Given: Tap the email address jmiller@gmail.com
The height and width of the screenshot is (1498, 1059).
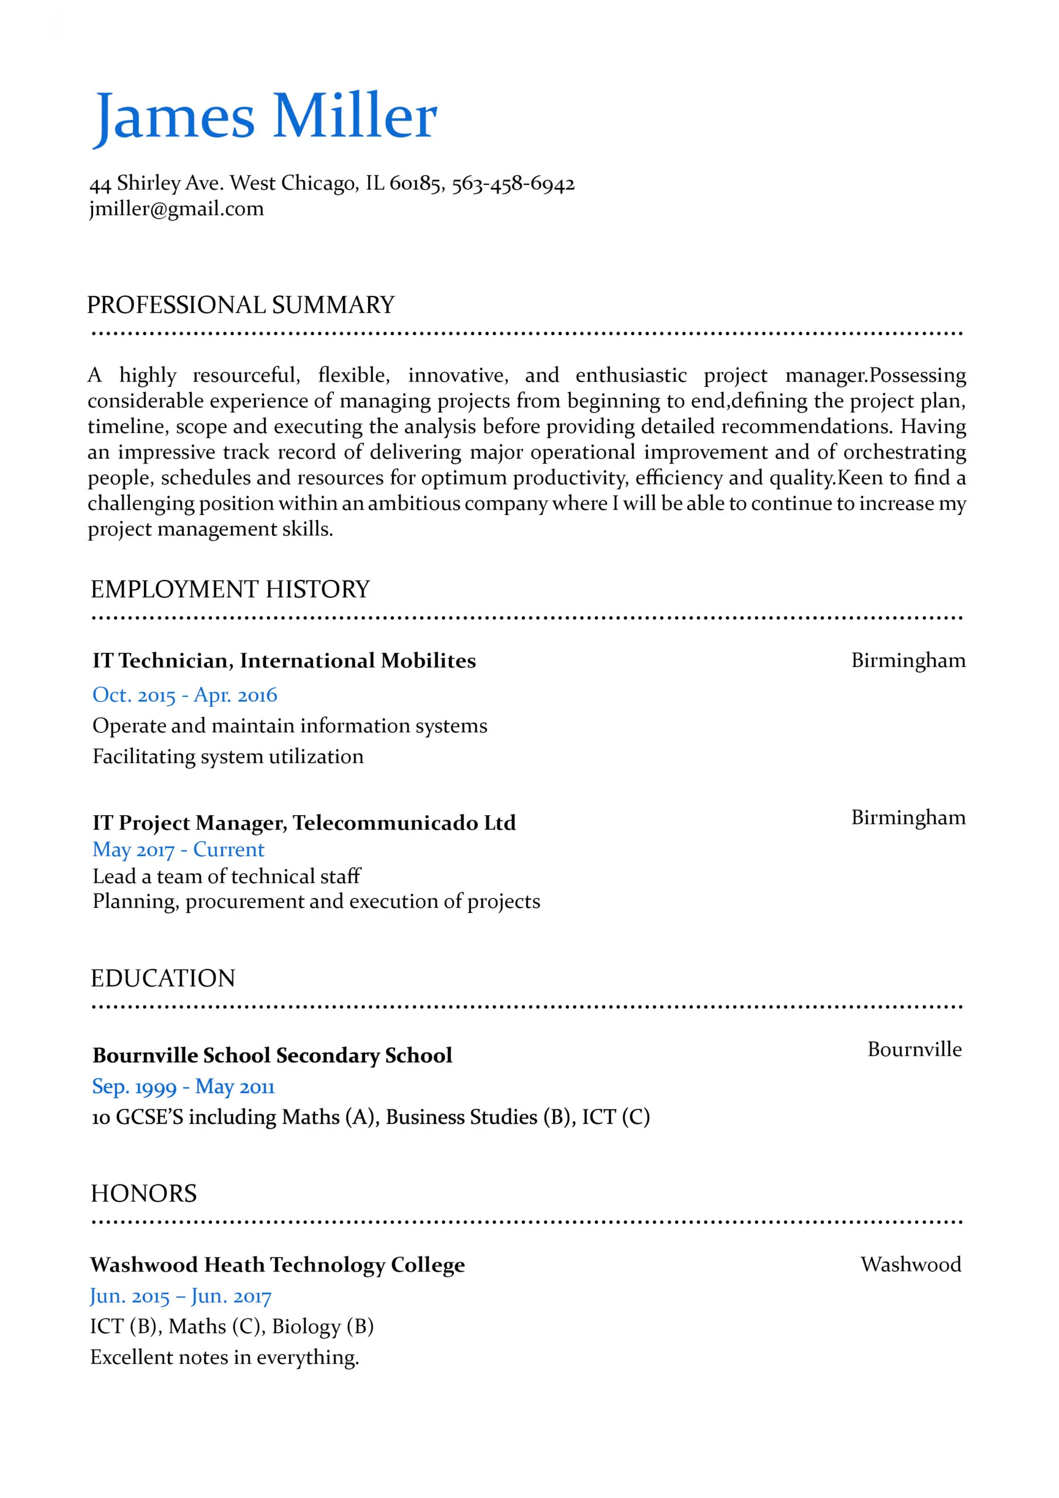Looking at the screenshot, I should pyautogui.click(x=176, y=209).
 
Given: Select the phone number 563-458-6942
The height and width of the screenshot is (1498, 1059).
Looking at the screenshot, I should pyautogui.click(x=513, y=183).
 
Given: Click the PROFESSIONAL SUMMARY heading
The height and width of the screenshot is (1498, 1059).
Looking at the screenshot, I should pyautogui.click(x=241, y=305).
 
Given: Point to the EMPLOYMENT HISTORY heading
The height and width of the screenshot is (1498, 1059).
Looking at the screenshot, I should pyautogui.click(x=230, y=589).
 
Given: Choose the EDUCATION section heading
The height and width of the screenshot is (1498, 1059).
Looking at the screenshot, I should pyautogui.click(x=163, y=978).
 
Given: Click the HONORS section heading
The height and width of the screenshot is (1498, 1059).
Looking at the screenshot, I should pyautogui.click(x=143, y=1193).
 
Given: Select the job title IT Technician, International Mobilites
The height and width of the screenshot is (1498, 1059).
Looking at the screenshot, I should pyautogui.click(x=284, y=660).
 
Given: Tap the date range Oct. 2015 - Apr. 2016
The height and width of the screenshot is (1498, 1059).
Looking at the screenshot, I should pyautogui.click(x=185, y=695).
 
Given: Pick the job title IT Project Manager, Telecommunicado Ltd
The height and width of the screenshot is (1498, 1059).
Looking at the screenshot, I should pyautogui.click(x=304, y=822).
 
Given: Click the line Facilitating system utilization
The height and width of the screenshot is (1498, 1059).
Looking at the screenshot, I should pyautogui.click(x=228, y=756).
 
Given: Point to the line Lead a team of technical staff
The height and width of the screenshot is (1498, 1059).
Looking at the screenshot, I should pyautogui.click(x=226, y=876).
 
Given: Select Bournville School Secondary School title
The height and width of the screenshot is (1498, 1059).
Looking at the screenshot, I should pyautogui.click(x=272, y=1055).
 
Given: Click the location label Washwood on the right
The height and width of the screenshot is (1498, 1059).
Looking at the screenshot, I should pyautogui.click(x=910, y=1265).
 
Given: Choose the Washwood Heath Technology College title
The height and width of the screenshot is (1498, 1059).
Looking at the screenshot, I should pyautogui.click(x=277, y=1265).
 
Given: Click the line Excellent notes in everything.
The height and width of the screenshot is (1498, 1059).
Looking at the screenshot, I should pyautogui.click(x=225, y=1357).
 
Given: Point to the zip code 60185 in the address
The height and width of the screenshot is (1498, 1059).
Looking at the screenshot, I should pyautogui.click(x=415, y=183).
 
